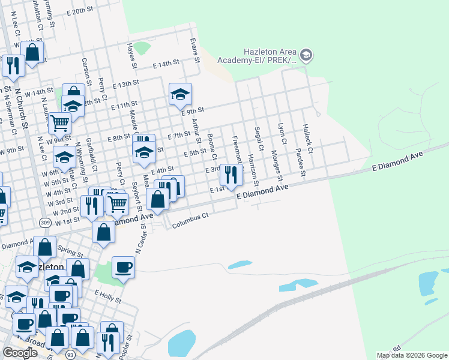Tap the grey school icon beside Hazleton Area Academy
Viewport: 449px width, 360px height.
(x=306, y=56)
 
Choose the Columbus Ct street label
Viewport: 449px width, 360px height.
(x=190, y=221)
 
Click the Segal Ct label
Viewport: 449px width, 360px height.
(x=258, y=139)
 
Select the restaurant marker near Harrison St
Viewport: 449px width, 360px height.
(x=231, y=175)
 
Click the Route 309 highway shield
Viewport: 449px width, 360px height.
(x=46, y=223)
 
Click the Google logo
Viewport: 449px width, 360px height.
(x=20, y=353)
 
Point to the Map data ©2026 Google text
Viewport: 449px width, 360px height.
(x=412, y=355)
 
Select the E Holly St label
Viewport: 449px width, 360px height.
(x=108, y=295)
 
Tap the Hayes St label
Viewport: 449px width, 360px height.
(x=131, y=56)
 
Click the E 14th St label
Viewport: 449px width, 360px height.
(x=166, y=63)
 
